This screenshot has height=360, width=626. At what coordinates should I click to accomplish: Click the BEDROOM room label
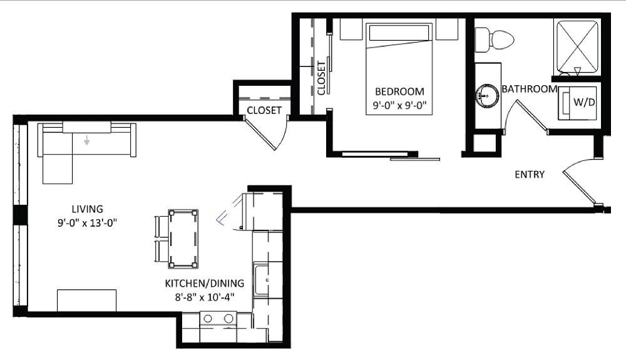399,91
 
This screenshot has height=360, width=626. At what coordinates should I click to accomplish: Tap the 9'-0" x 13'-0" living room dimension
87,223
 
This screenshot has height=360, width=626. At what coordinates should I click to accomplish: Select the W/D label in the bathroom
584,102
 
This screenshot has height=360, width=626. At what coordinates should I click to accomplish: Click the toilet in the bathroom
495,39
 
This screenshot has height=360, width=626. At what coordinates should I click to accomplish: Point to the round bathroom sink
487,96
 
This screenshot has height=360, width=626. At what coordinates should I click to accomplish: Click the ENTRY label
530,175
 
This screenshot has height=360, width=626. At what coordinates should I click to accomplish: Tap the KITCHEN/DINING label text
205,284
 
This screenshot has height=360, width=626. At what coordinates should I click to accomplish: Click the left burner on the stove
208,319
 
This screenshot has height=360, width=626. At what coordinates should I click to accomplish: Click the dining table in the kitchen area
183,239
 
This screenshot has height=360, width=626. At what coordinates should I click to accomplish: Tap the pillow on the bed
399,33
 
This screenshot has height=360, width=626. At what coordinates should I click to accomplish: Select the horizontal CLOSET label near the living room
264,110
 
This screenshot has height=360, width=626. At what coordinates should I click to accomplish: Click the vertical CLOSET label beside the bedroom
321,78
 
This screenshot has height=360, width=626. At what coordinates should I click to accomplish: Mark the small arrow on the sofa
86,140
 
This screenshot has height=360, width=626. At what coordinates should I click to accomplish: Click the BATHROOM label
530,89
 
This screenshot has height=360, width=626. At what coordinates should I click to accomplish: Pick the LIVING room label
88,208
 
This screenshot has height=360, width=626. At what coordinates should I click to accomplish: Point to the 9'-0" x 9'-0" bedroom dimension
399,105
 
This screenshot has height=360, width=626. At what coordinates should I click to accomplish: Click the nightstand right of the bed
447,29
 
